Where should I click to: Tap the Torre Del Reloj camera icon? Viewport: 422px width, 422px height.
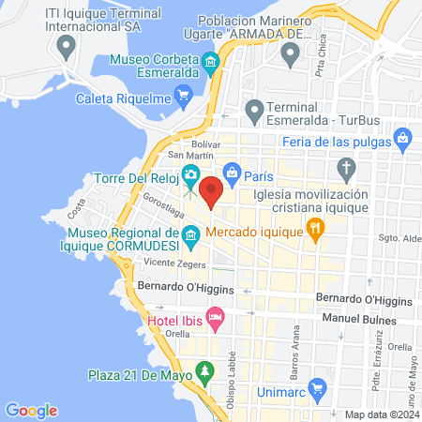tap(190, 173)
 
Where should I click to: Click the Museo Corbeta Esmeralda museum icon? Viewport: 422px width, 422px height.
tap(212, 65)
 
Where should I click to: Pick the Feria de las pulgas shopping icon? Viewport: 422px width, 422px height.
tap(402, 140)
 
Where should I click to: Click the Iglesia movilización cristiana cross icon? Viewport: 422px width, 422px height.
tap(347, 170)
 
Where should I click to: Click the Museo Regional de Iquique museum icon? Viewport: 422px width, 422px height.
tap(190, 235)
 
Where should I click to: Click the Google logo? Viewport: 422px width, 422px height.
tap(31, 409)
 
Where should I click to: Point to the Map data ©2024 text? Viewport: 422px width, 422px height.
tap(381, 414)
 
